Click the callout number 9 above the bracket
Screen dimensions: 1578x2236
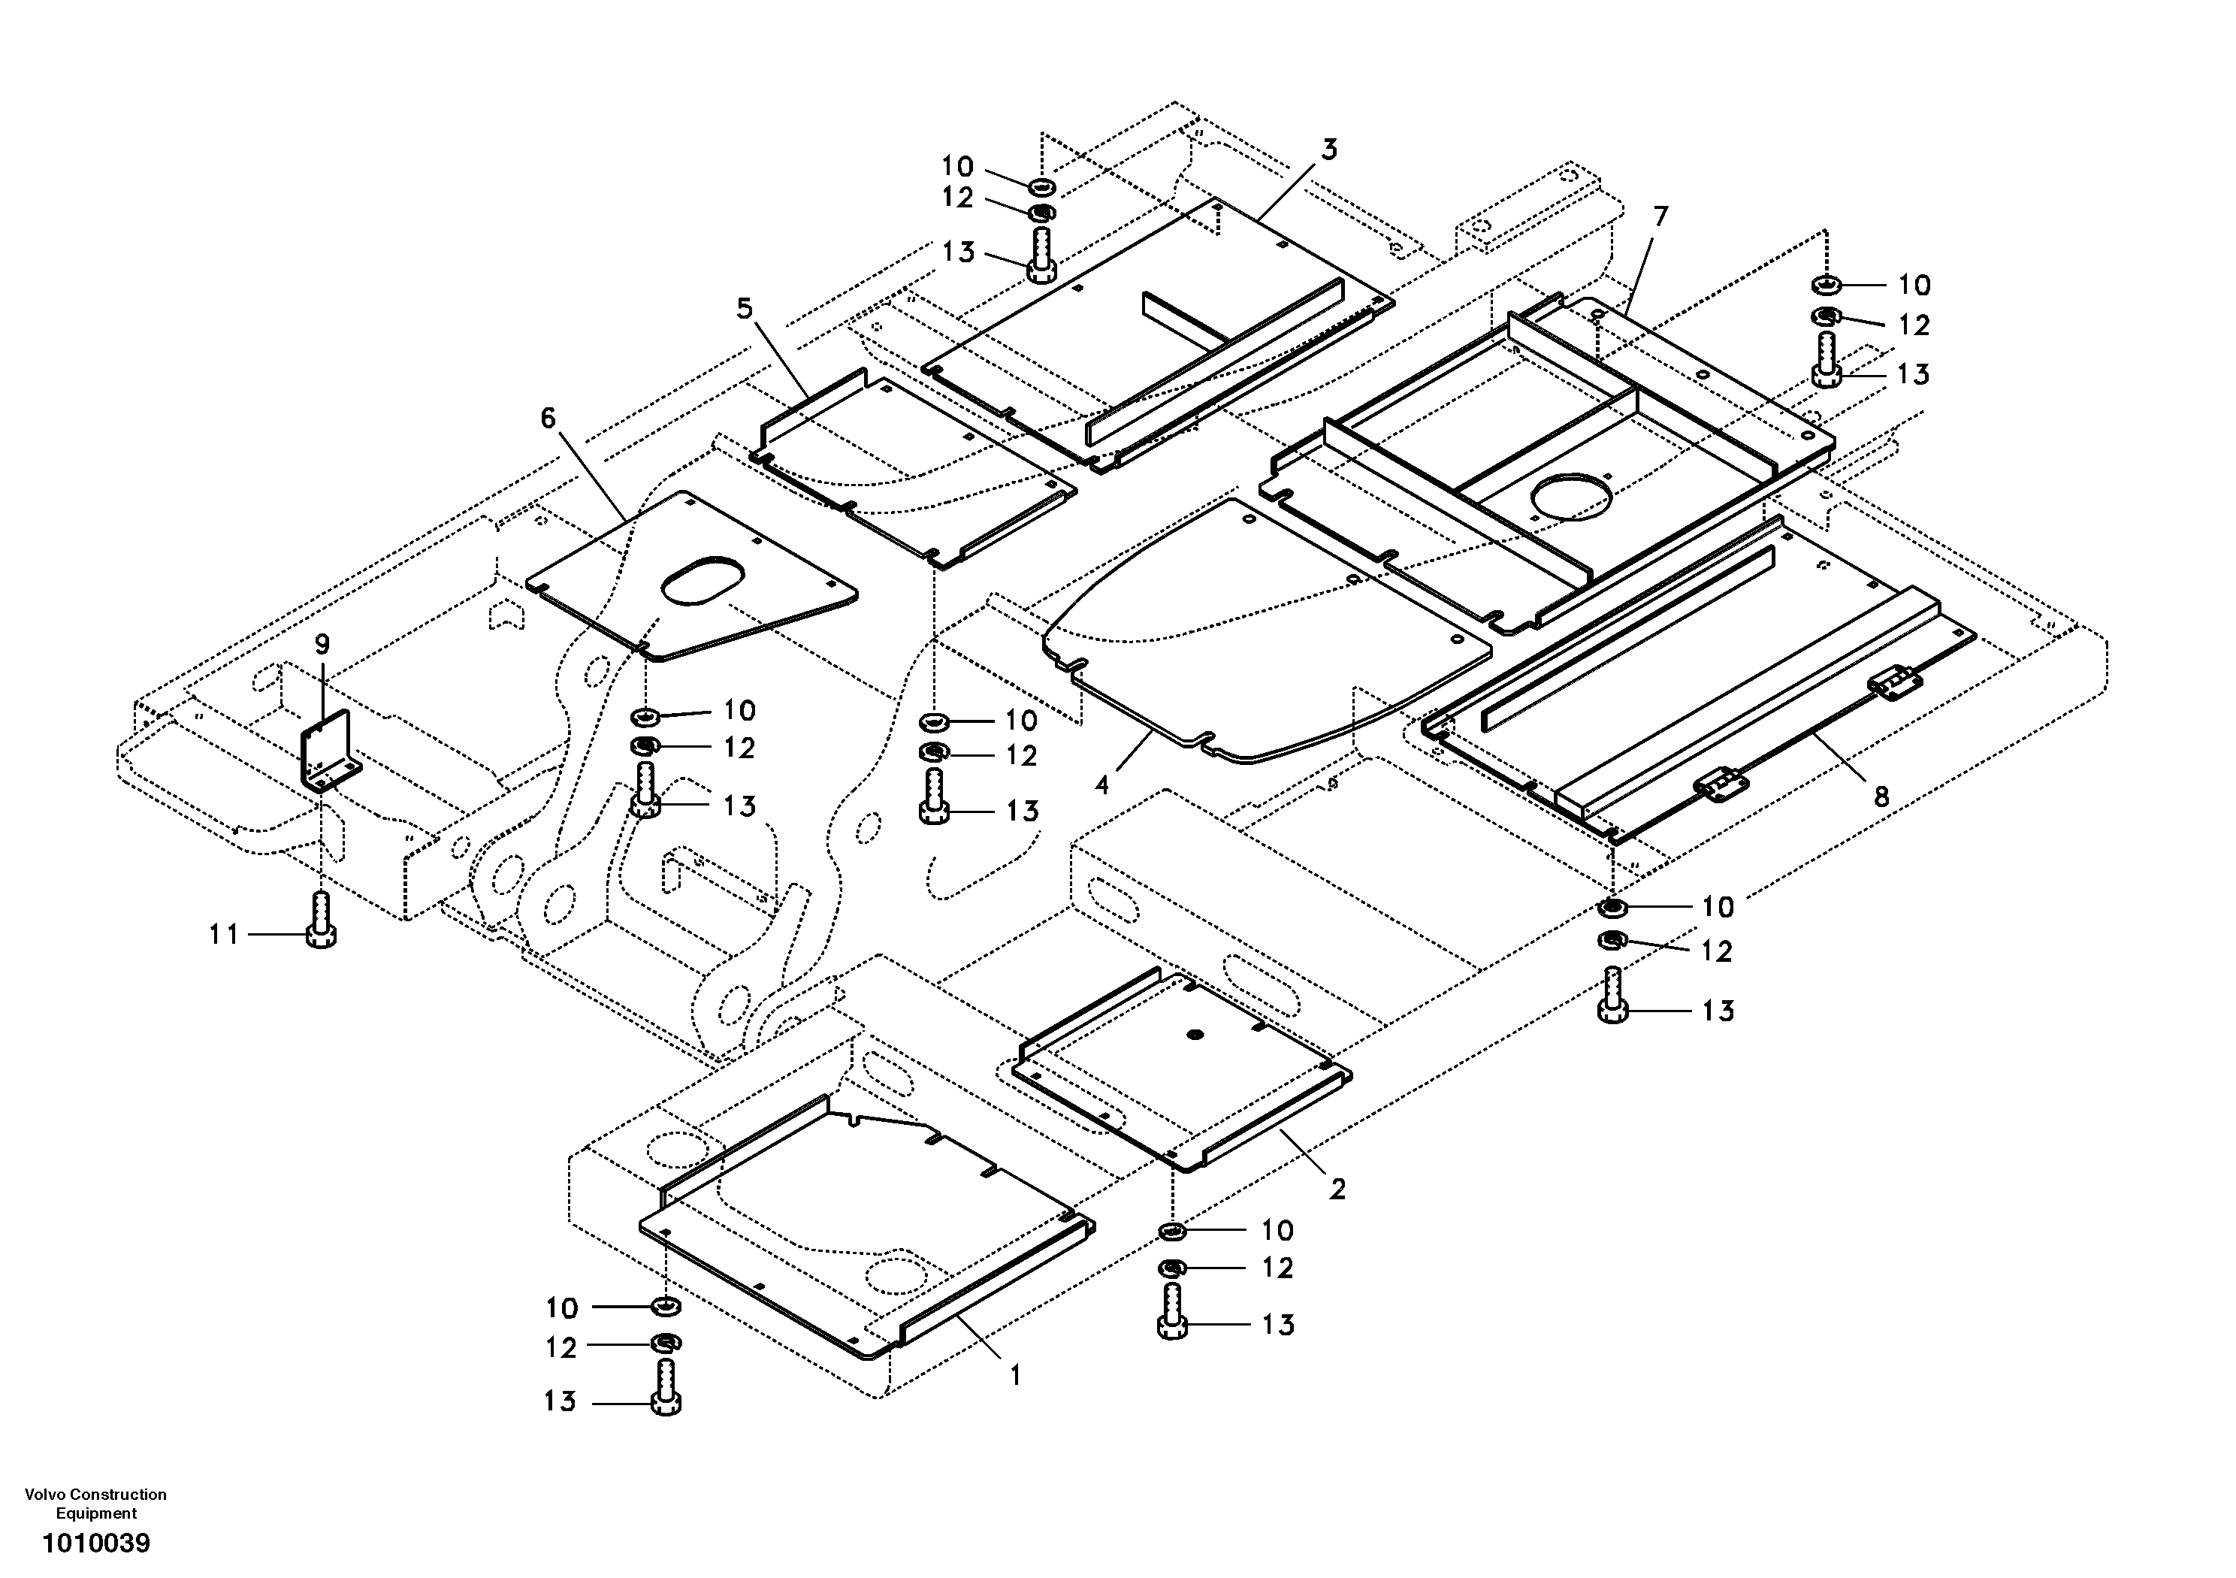pyautogui.click(x=322, y=644)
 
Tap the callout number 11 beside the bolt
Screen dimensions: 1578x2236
pyautogui.click(x=224, y=934)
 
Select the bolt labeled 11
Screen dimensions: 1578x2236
pyautogui.click(x=322, y=920)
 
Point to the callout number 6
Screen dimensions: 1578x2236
pyautogui.click(x=548, y=418)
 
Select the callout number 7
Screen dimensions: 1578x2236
pyautogui.click(x=1661, y=216)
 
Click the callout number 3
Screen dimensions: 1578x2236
pyautogui.click(x=1329, y=149)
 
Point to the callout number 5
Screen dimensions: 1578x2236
pyautogui.click(x=745, y=309)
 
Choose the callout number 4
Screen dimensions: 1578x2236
pyautogui.click(x=1101, y=784)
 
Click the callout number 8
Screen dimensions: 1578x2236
pyautogui.click(x=1881, y=796)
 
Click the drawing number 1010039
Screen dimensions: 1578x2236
pyautogui.click(x=95, y=1543)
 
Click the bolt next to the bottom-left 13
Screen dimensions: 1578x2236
pyautogui.click(x=665, y=1389)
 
